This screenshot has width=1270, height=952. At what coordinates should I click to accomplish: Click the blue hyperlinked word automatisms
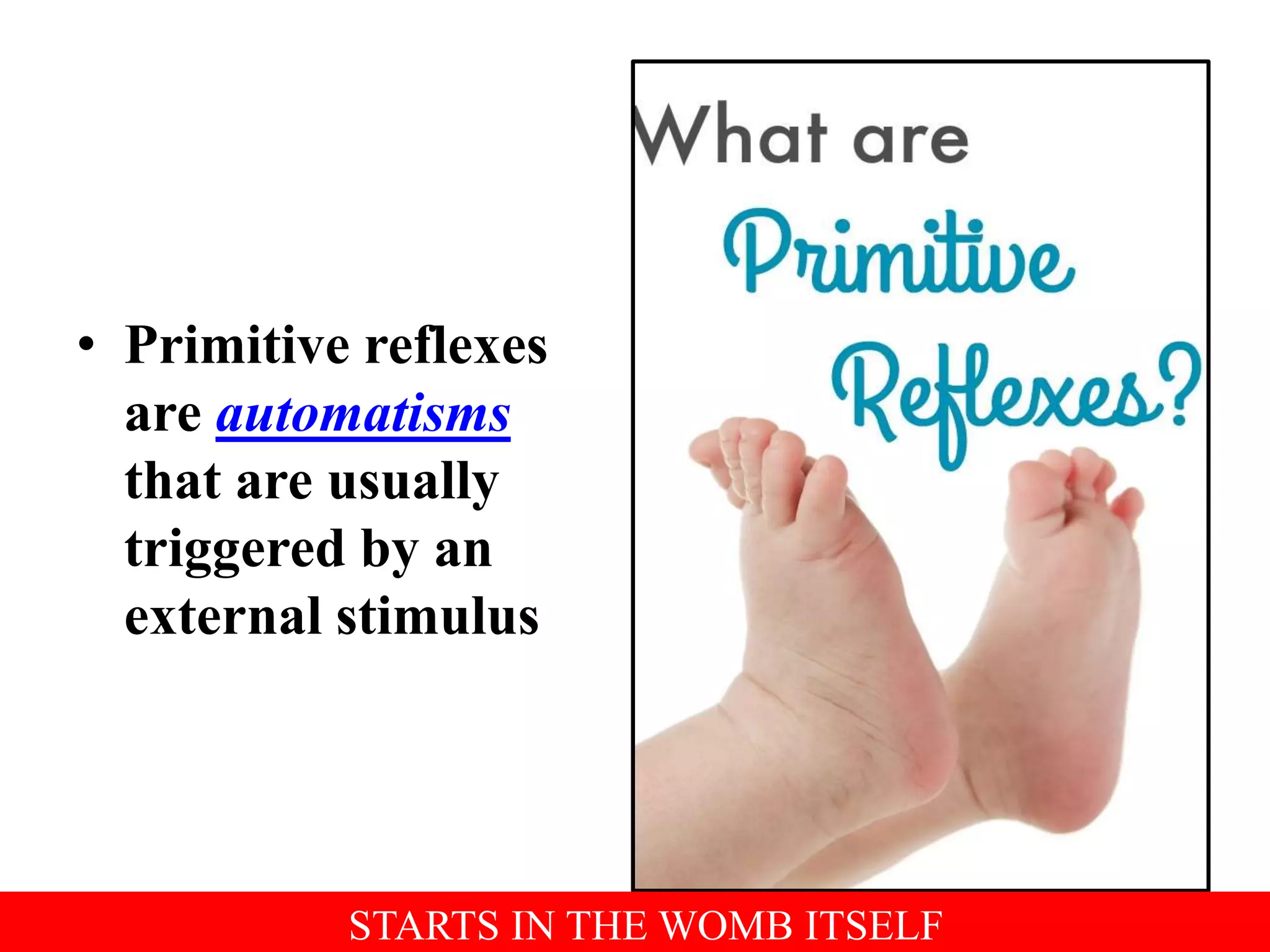[x=363, y=414]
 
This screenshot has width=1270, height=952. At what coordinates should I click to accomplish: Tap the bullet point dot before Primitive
[x=87, y=345]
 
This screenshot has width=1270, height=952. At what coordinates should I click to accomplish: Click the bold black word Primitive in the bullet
[x=237, y=346]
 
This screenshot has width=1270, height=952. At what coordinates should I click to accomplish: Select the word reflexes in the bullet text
[x=456, y=346]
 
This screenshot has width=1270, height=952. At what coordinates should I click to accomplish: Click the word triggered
[x=234, y=550]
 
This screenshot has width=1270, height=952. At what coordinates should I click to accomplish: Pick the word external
[x=223, y=617]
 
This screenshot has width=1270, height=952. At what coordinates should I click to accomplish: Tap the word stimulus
[x=438, y=617]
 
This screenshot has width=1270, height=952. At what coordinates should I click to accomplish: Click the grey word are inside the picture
[x=910, y=141]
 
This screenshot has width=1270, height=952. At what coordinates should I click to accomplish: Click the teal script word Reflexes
[x=998, y=390]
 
